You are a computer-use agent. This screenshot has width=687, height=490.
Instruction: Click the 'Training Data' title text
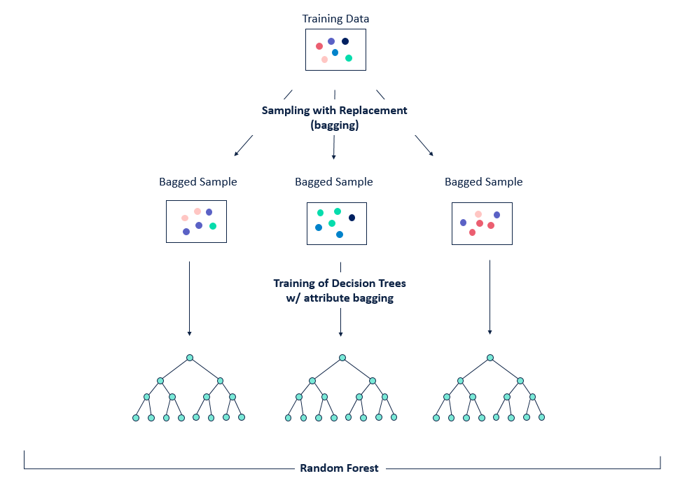(x=335, y=19)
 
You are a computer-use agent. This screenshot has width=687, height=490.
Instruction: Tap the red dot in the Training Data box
(x=319, y=46)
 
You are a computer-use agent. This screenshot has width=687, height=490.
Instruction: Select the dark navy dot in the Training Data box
(x=345, y=41)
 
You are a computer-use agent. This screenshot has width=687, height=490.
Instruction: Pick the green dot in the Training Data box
(x=349, y=58)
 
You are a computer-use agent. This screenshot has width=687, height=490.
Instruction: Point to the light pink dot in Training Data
(x=324, y=59)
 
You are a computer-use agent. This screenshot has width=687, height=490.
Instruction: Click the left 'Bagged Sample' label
(x=197, y=182)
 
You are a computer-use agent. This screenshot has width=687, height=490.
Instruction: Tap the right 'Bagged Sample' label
(x=483, y=182)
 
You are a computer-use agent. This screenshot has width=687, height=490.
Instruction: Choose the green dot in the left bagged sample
(x=213, y=226)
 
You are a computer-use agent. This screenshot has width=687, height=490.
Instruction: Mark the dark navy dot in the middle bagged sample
(x=352, y=218)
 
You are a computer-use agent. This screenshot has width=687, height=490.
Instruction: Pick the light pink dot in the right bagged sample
(x=478, y=214)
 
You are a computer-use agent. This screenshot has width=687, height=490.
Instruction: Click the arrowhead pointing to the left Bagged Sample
(x=237, y=153)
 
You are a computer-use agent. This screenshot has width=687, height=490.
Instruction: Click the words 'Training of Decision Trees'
(x=340, y=283)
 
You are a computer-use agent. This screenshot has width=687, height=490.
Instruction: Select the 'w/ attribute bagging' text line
(x=340, y=297)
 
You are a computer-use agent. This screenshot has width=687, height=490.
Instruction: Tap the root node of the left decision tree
(x=190, y=358)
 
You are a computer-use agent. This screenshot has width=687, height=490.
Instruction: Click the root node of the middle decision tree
(x=342, y=358)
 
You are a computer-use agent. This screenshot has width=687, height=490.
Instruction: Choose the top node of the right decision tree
(x=490, y=358)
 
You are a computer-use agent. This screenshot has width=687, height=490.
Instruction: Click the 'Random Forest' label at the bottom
(x=339, y=468)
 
